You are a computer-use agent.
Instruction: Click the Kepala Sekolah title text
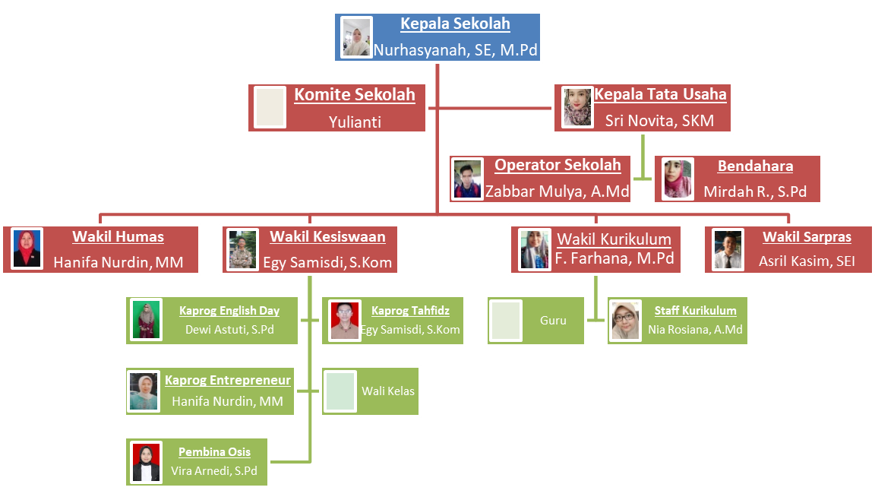456,24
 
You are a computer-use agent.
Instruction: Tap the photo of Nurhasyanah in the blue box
356,37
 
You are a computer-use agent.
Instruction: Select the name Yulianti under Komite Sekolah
355,122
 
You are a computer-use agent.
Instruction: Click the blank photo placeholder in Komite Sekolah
270,107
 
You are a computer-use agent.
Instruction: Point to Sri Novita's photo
577,107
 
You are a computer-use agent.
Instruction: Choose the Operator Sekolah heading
558,165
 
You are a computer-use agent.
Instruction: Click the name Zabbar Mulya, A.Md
557,191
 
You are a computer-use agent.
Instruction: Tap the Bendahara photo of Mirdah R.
678,179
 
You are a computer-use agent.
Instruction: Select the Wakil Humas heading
118,236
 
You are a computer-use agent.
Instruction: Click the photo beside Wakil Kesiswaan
243,249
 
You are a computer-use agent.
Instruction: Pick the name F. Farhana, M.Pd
614,258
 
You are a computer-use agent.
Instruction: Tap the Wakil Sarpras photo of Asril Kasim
728,249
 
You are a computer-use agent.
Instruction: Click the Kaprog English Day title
229,311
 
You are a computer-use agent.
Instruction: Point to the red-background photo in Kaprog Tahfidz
344,321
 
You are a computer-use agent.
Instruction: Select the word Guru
553,321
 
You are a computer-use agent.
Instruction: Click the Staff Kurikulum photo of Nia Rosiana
625,321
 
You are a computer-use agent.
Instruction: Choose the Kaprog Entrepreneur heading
228,381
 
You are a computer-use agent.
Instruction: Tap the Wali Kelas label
388,391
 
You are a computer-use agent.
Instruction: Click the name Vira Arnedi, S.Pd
213,471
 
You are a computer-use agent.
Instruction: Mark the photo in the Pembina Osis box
146,463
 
